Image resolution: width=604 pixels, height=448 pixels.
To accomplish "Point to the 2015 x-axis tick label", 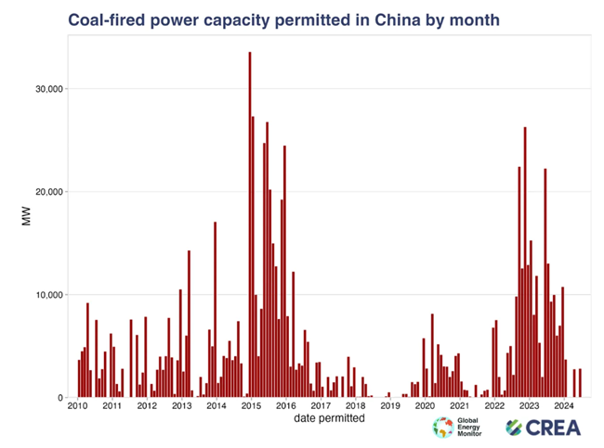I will click(251, 406).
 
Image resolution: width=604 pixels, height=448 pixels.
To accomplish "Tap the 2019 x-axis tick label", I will click(390, 406).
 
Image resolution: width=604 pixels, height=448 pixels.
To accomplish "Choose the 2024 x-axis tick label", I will click(564, 406).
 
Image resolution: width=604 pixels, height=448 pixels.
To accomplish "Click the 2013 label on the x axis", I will click(181, 406).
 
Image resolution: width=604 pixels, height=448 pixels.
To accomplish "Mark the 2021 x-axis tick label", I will click(460, 406).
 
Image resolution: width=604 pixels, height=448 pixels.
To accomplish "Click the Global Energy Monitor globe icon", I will click(443, 428).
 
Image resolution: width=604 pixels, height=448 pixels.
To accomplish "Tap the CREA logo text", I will click(548, 428).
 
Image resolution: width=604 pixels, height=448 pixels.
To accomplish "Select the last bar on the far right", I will click(580, 383).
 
